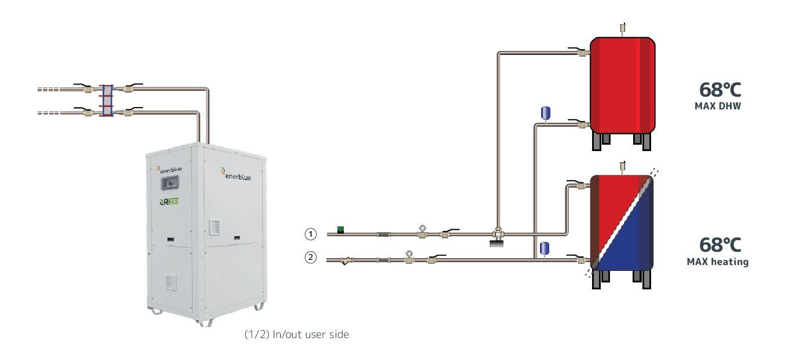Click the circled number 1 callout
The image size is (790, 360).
311,234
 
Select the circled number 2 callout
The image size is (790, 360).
311,258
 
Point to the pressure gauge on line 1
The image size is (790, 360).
422,230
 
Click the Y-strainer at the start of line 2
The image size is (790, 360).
345,261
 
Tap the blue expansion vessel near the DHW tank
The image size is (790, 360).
545,112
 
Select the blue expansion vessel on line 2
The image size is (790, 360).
544,248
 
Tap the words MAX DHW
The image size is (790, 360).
718,106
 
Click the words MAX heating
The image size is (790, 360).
717,262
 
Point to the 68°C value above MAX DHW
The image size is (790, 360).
720,90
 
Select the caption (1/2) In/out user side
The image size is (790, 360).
296,335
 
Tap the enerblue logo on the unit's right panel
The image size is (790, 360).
236,173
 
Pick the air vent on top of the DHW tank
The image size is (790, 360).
623,27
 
